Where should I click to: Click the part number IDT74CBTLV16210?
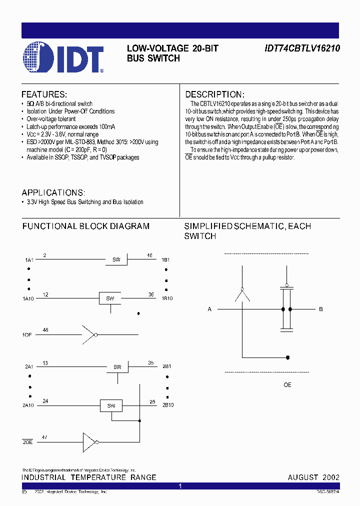[302, 49]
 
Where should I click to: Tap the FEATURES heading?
[44, 94]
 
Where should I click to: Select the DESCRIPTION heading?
[214, 94]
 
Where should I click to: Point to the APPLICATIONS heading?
[53, 192]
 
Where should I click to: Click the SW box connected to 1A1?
[116, 259]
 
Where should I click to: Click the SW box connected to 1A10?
[110, 298]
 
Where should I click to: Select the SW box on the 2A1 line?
[117, 367]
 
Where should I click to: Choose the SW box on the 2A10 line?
[111, 405]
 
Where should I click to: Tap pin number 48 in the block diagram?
[45, 329]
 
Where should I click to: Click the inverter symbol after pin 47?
[90, 442]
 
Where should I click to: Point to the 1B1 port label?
[165, 260]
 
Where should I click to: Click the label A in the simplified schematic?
[209, 309]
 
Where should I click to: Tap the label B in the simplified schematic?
[321, 309]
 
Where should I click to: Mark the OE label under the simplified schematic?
[287, 385]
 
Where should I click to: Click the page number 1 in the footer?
[180, 486]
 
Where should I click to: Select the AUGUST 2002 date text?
[313, 477]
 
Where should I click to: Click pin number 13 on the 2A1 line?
[45, 363]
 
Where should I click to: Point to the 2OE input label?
[27, 442]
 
